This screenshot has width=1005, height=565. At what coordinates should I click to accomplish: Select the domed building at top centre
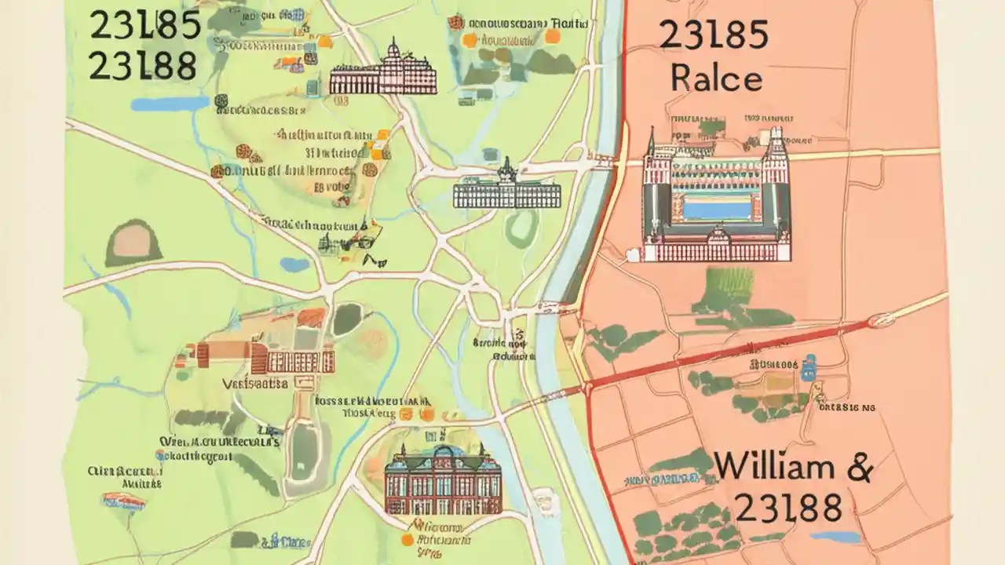(382, 73)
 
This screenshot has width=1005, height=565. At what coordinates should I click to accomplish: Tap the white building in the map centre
(506, 191)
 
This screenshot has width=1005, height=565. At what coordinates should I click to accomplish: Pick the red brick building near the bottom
(443, 479)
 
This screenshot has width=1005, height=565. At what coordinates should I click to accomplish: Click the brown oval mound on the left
(133, 242)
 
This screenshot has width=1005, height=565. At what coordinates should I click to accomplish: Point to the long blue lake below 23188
(170, 104)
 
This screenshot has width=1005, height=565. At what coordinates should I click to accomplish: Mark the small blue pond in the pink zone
(834, 538)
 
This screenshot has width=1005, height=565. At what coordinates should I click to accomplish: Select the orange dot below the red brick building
(407, 540)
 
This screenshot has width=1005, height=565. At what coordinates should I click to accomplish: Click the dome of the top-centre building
(393, 50)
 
